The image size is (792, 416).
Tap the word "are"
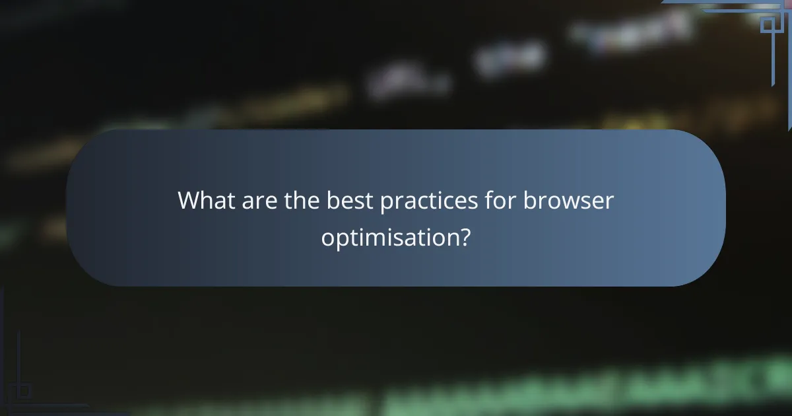point(257,200)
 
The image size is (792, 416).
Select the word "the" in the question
point(302,200)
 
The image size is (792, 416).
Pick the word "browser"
point(569,200)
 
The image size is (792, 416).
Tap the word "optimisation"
point(387,236)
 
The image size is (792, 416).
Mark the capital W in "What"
point(190,200)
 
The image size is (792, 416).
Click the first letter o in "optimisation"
point(328,237)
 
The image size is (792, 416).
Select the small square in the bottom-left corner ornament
point(24,390)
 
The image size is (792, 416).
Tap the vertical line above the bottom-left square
point(18,357)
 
